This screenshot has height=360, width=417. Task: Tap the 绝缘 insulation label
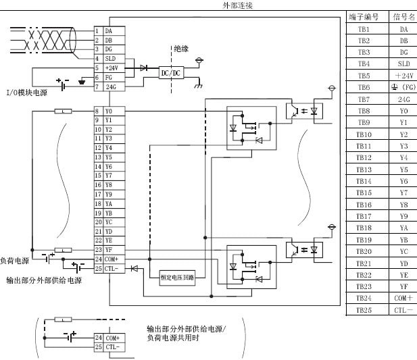(x=181, y=49)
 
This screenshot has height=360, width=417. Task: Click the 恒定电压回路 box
(x=177, y=277)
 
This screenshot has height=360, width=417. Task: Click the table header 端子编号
(x=364, y=17)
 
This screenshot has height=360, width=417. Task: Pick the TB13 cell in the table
(x=364, y=170)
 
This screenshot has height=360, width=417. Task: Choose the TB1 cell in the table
(x=364, y=29)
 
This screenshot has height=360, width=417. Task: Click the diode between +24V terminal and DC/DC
(x=143, y=68)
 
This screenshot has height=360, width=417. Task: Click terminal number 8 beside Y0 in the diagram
(x=97, y=110)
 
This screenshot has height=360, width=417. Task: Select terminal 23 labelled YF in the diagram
(x=97, y=250)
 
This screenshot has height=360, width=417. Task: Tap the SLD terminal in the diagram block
(x=109, y=59)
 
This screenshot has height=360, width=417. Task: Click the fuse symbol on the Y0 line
(x=63, y=110)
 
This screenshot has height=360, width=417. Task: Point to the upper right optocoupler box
(x=303, y=110)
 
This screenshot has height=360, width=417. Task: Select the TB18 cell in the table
(x=364, y=228)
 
